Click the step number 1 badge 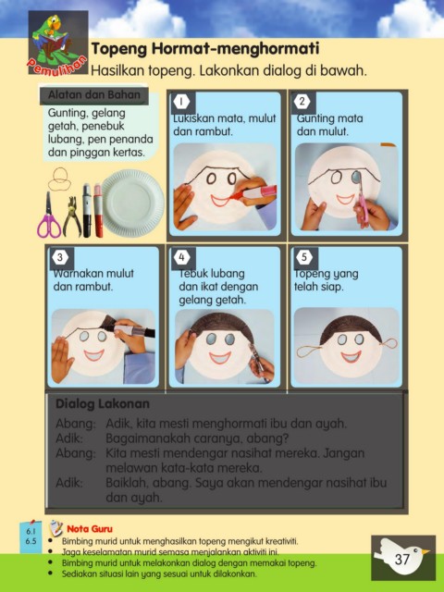[181, 101]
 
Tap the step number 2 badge [302, 101]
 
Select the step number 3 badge [60, 257]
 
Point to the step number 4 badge [181, 257]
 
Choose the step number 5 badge [304, 257]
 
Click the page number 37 [402, 559]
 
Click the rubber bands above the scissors [59, 179]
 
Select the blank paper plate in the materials [133, 203]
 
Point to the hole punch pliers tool [72, 216]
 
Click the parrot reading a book [52, 36]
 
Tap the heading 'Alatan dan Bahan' [94, 94]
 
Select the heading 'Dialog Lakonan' [103, 403]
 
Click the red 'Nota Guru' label [90, 528]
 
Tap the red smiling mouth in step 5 [351, 356]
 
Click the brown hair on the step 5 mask [351, 327]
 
